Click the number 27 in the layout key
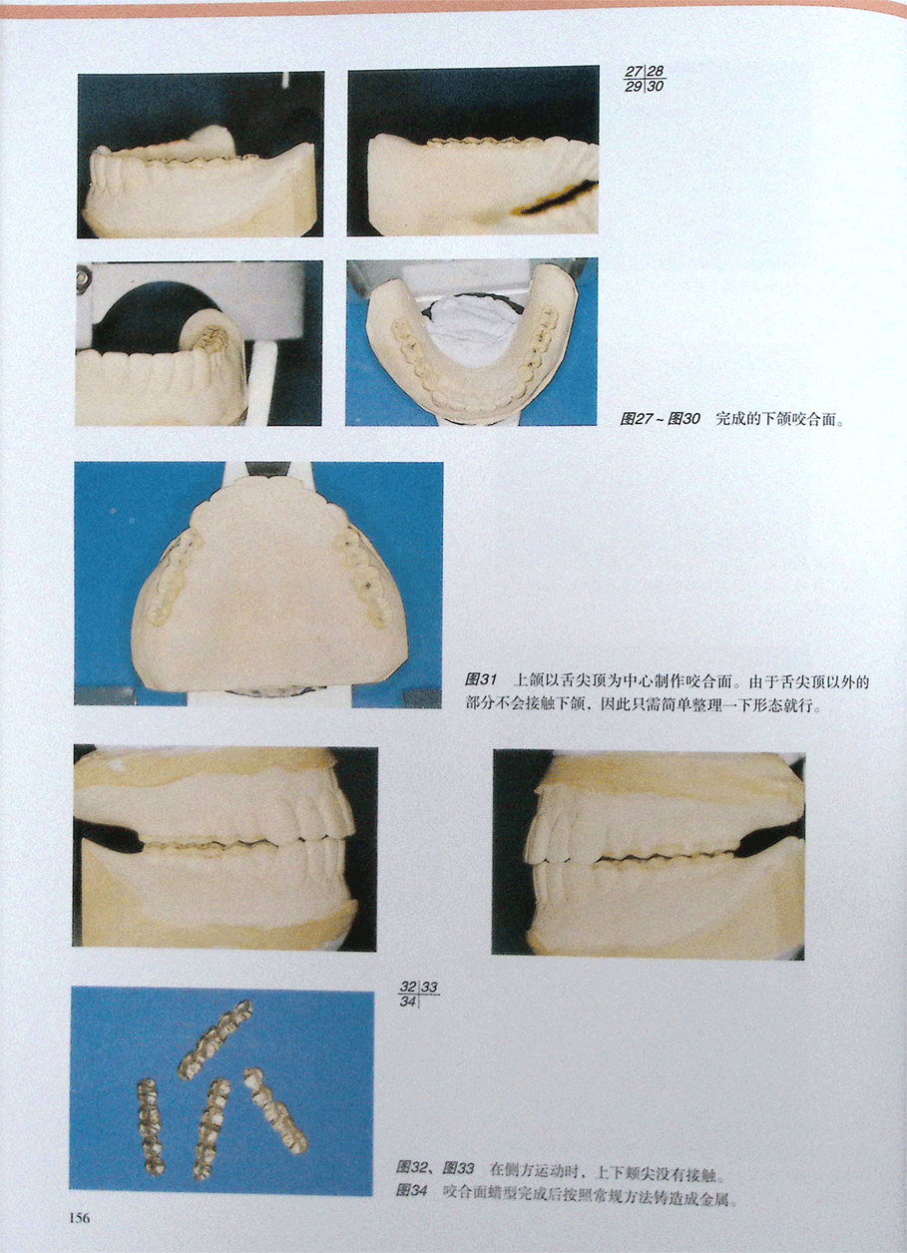coord(634,72)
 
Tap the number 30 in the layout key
coord(656,86)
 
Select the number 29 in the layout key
coord(634,86)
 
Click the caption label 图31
coord(481,680)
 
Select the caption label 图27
coord(635,419)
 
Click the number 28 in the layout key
coord(656,72)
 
